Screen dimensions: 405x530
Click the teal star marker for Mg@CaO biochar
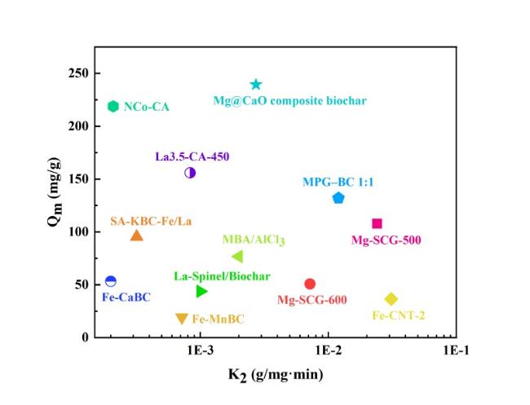(256, 85)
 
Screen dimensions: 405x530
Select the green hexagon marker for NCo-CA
(113, 106)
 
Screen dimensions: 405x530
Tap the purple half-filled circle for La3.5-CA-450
(190, 173)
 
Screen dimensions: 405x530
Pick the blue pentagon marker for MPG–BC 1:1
(338, 198)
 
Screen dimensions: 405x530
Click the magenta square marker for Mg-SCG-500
(377, 223)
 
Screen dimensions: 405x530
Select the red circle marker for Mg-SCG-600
(310, 284)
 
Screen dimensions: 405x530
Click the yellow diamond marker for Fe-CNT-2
(391, 299)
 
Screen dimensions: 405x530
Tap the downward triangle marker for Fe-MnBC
(182, 319)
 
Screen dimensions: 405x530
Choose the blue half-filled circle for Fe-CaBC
(111, 281)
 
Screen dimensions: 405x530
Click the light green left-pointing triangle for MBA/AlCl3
(236, 257)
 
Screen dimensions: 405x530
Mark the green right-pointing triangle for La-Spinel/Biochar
(202, 292)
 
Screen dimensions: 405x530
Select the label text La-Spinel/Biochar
(222, 276)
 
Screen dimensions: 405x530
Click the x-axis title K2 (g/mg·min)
(274, 375)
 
